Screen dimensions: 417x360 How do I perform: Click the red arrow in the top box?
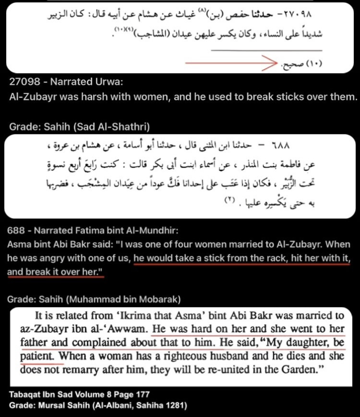point(227,63)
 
